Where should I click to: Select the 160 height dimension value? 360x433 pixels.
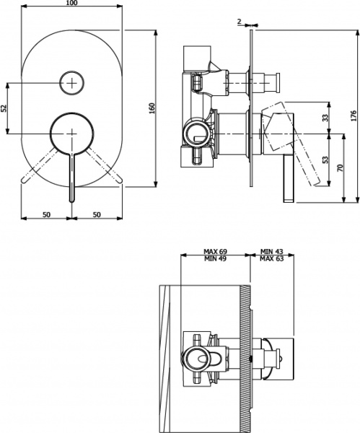point(152,108)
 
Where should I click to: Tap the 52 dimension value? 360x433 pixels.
point(4,108)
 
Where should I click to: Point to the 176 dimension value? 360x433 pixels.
point(354,115)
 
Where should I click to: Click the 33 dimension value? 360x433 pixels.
point(325,118)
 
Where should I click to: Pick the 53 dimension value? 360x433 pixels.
point(325,160)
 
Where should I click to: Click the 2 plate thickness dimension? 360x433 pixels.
point(239,21)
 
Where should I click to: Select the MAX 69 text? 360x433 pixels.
point(216,252)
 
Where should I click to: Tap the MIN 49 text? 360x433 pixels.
point(216,258)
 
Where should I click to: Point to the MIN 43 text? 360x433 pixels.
point(273,252)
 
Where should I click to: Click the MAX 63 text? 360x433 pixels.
point(273,258)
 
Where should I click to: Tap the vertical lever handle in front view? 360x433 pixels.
point(71,177)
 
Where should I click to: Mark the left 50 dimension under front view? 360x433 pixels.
point(46,214)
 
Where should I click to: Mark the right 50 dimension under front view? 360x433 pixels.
point(97,214)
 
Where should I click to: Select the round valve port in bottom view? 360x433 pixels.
point(196,355)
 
